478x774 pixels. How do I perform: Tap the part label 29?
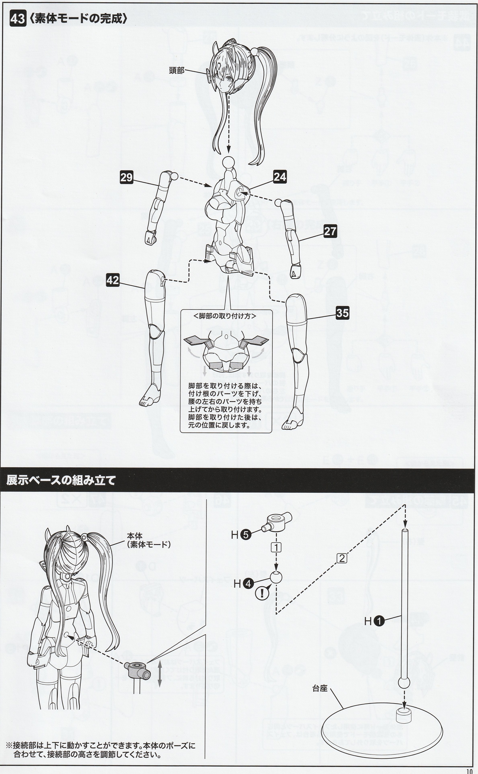tap(126, 177)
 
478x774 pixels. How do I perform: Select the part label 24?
tap(280, 177)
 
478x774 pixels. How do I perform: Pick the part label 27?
tap(330, 231)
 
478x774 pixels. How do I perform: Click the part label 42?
tap(112, 281)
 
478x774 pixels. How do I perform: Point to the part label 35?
tap(343, 313)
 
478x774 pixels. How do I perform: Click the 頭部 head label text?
tap(177, 70)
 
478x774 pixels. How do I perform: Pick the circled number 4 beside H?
tap(248, 583)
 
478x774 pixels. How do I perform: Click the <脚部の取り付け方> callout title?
tap(224, 316)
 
